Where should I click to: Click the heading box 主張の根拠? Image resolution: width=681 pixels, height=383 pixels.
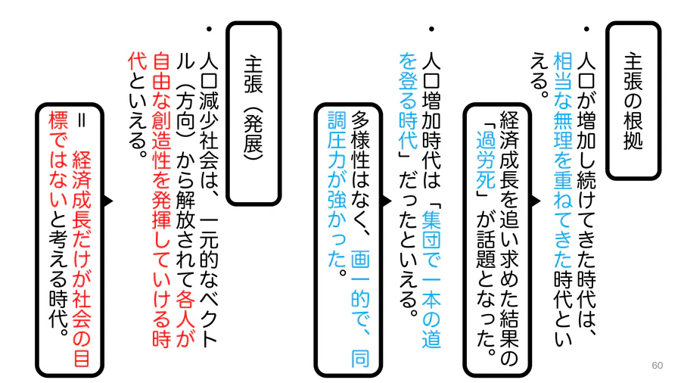(633, 101)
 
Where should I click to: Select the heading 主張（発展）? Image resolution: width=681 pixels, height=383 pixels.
(253, 114)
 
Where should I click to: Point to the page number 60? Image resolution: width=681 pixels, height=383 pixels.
(657, 365)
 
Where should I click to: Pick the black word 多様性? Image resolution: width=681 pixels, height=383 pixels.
(360, 139)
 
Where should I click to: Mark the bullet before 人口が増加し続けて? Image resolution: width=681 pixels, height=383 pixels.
(586, 29)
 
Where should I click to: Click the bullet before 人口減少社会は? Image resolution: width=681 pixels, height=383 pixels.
(209, 29)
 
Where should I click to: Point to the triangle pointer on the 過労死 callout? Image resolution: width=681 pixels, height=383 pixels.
(536, 201)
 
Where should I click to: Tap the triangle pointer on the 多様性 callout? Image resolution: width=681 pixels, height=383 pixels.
(387, 201)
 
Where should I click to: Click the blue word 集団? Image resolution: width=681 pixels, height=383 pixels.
(431, 227)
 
